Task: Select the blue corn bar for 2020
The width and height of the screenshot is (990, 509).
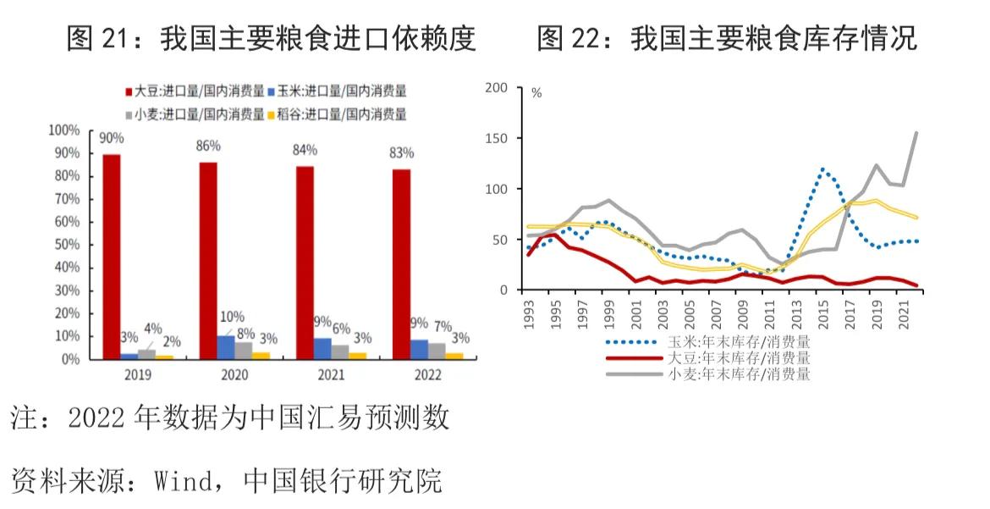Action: coord(226,347)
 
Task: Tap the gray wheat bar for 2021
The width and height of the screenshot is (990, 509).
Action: coord(340,351)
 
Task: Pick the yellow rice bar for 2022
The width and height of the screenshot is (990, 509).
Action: coord(454,356)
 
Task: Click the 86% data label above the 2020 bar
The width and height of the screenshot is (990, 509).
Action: coord(208,146)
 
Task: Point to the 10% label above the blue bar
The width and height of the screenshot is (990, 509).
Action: coord(231,317)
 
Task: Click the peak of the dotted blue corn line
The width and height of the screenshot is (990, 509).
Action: coord(822,169)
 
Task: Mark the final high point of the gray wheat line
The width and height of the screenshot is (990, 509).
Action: coord(917,132)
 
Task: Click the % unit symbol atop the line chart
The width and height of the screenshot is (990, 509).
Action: coord(536,93)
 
